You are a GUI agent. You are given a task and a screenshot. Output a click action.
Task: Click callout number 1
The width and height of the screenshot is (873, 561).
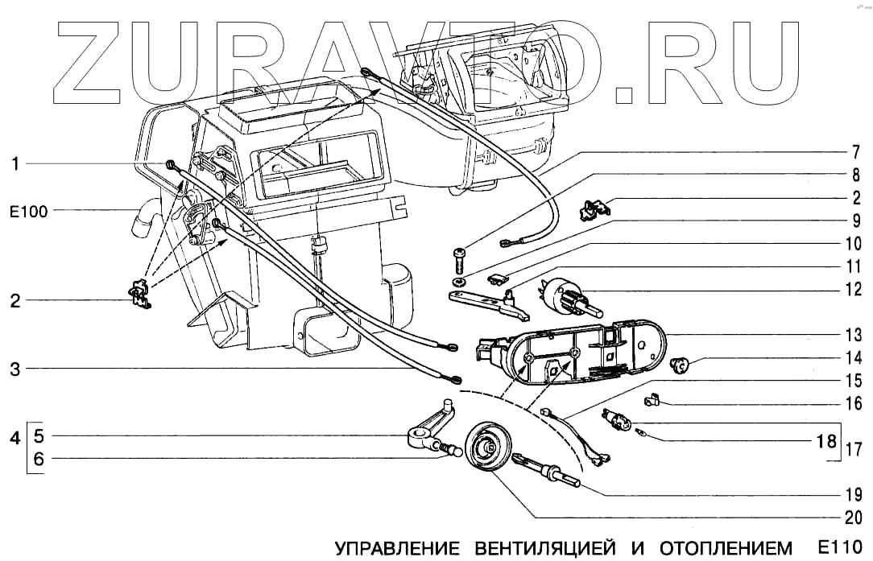click(15, 164)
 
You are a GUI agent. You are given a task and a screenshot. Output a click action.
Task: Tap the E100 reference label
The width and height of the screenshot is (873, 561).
click(28, 212)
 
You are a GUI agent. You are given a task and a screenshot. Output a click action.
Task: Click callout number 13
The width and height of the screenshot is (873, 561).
click(853, 334)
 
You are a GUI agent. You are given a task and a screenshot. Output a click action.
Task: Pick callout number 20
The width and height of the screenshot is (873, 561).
click(853, 518)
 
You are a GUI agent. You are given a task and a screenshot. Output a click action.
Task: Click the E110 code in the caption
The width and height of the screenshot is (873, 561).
click(844, 547)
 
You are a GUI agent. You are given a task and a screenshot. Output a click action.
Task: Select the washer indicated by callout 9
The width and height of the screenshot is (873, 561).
click(457, 282)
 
